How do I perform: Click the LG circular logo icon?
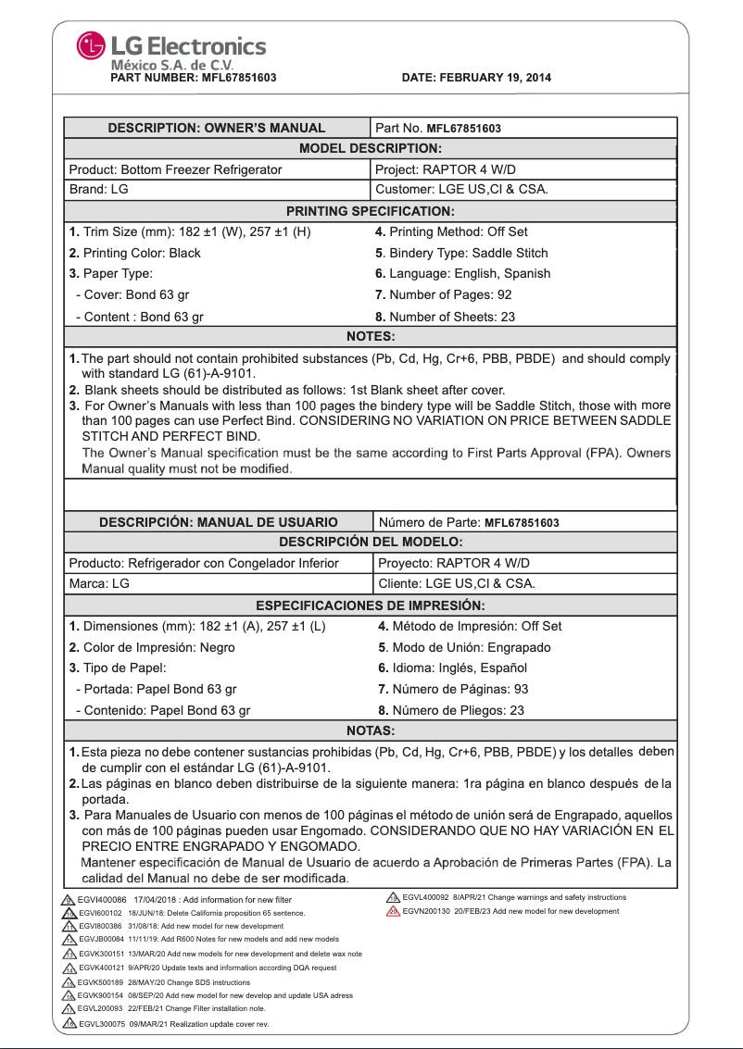(x=91, y=45)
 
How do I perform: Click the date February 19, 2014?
(x=476, y=78)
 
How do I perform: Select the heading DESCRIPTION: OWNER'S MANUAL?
(x=217, y=128)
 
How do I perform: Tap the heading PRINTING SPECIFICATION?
(x=370, y=211)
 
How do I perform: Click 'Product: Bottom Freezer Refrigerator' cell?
(x=176, y=169)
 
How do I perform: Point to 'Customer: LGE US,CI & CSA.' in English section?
(x=461, y=190)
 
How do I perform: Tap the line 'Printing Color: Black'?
(x=135, y=253)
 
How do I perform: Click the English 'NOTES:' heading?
(x=370, y=337)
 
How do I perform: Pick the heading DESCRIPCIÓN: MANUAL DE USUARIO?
(x=219, y=522)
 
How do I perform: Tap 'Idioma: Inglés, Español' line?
(x=452, y=668)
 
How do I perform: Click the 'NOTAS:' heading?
(x=370, y=731)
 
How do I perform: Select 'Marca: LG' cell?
(x=99, y=584)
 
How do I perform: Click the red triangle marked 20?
(x=394, y=912)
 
